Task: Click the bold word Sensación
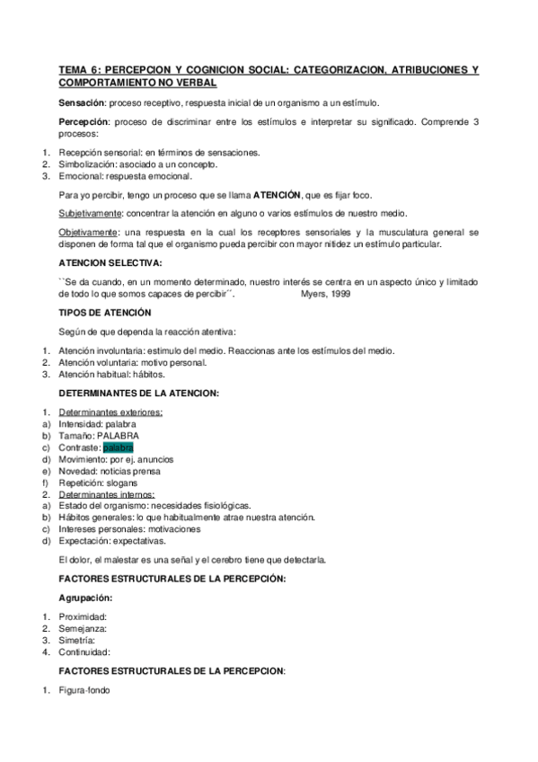[x=80, y=102]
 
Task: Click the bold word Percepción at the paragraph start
[x=83, y=121]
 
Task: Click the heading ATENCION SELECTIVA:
[x=110, y=262]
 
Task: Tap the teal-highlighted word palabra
[x=119, y=447]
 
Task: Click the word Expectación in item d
[x=84, y=541]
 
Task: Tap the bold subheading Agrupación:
[x=86, y=597]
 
